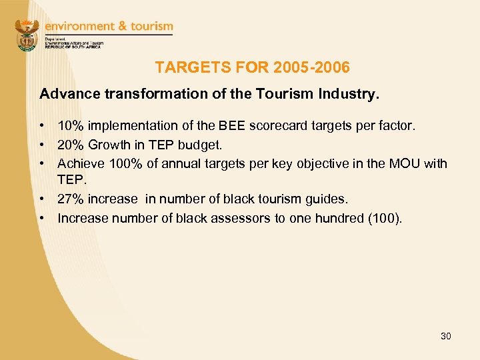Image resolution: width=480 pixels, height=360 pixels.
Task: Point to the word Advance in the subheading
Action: click(69, 94)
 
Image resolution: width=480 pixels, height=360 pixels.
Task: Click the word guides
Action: click(329, 199)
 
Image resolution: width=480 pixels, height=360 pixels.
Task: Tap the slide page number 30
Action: click(445, 336)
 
